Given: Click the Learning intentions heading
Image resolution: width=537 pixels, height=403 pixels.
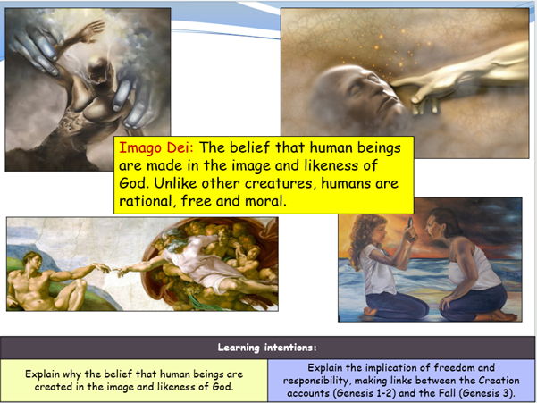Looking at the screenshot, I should point(268,346).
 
